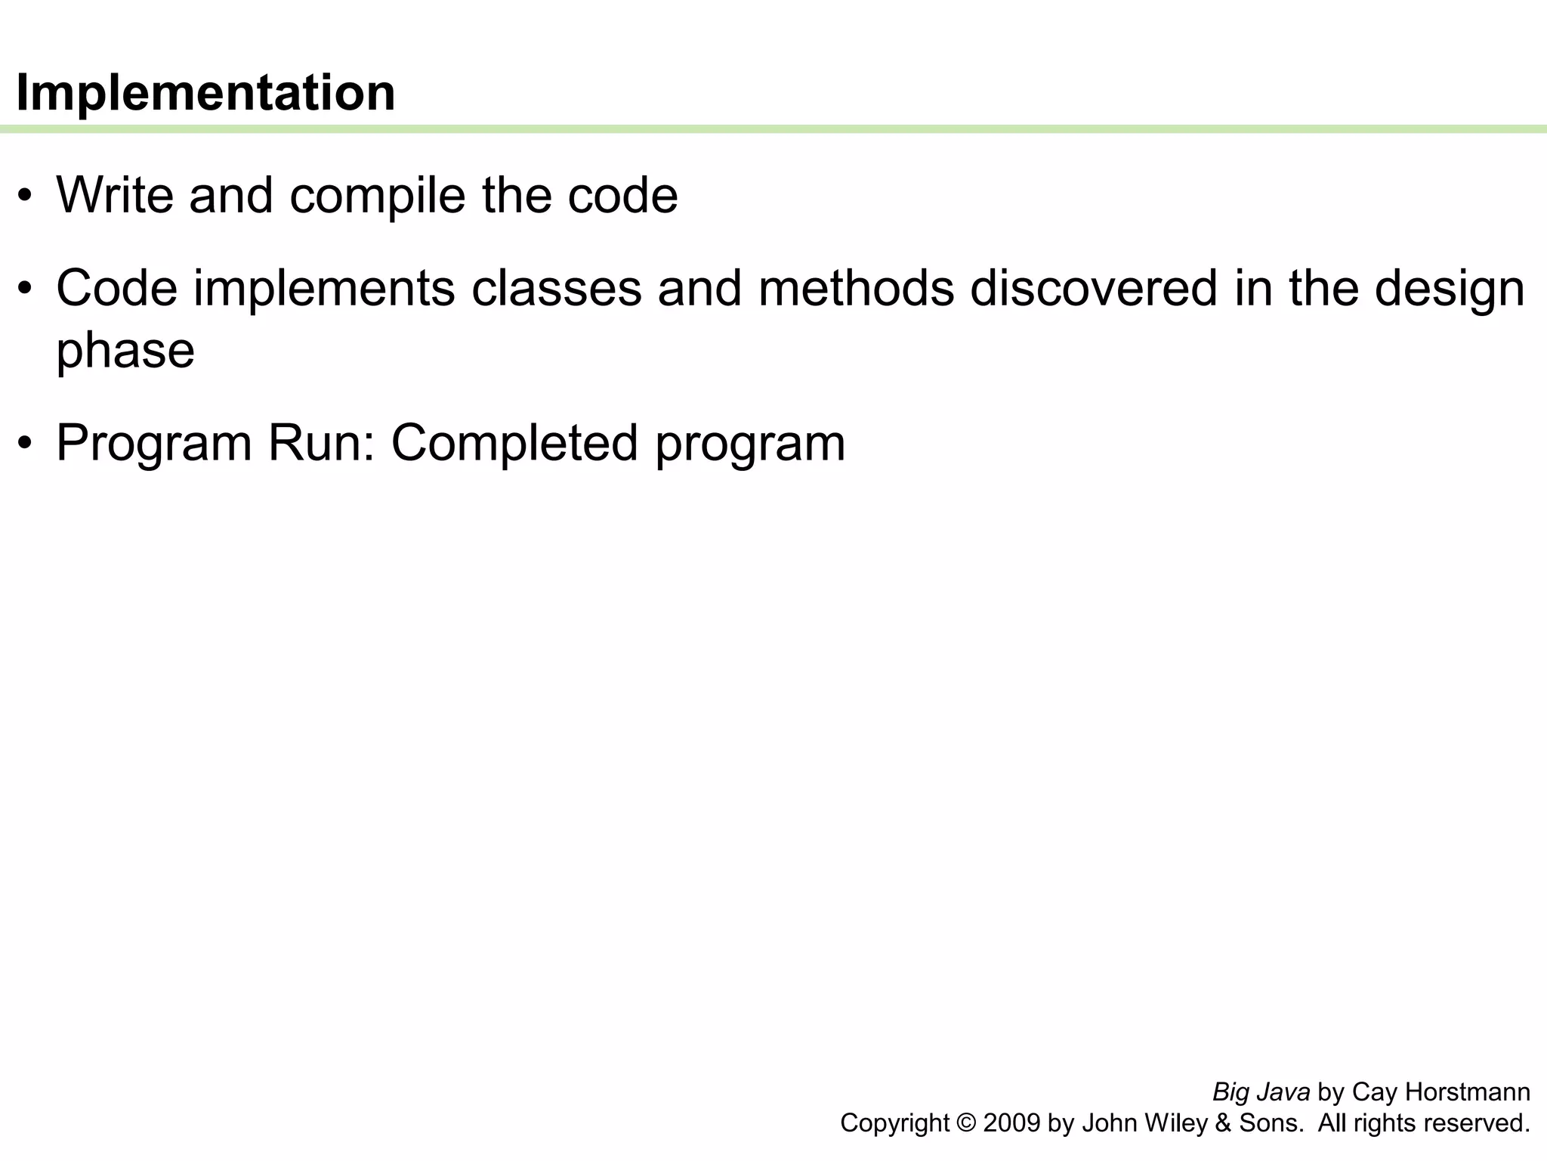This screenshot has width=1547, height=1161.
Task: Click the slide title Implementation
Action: pyautogui.click(x=205, y=93)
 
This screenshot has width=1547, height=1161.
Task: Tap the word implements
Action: pyautogui.click(x=324, y=289)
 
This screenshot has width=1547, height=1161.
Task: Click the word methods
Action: pyautogui.click(x=857, y=289)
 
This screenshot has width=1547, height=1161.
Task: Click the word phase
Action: pyautogui.click(x=125, y=351)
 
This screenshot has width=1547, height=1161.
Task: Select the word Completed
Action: pyautogui.click(x=514, y=444)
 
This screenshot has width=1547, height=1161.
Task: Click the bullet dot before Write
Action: pyautogui.click(x=26, y=197)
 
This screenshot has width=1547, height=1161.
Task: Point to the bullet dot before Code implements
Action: pyautogui.click(x=26, y=289)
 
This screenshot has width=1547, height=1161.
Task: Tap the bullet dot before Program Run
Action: pyautogui.click(x=26, y=444)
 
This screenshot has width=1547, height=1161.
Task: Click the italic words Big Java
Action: pyautogui.click(x=1261, y=1092)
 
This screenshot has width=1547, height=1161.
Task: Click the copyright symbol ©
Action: pyautogui.click(x=965, y=1124)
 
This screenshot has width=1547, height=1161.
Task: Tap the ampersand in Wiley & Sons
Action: pyautogui.click(x=1222, y=1124)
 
